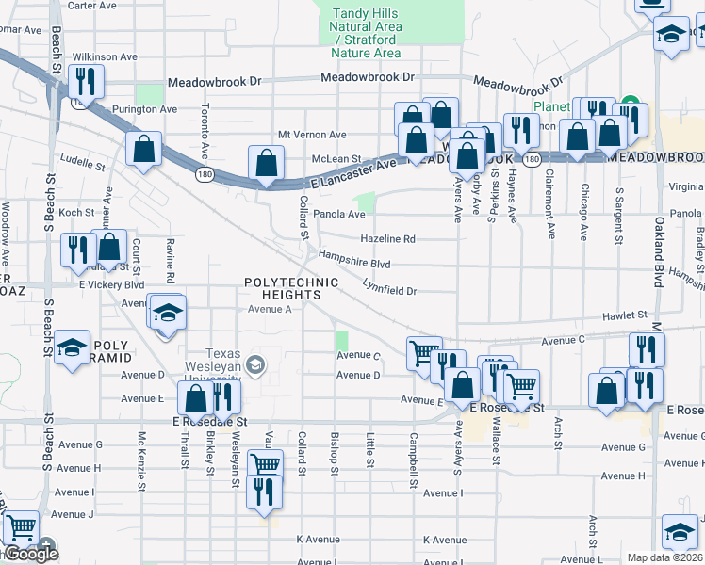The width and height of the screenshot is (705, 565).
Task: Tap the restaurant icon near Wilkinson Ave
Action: pyautogui.click(x=87, y=84)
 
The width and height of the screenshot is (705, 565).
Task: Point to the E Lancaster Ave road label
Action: pyautogui.click(x=352, y=167)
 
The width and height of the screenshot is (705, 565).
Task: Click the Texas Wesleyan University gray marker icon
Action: pyautogui.click(x=254, y=364)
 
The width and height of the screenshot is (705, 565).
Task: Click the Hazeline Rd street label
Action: pyautogui.click(x=387, y=239)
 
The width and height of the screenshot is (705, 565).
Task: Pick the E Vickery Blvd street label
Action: pyautogui.click(x=111, y=283)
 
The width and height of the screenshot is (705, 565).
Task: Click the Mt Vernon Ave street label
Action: pyautogui.click(x=312, y=135)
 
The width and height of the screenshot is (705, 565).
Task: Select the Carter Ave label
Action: pyautogui.click(x=92, y=6)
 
